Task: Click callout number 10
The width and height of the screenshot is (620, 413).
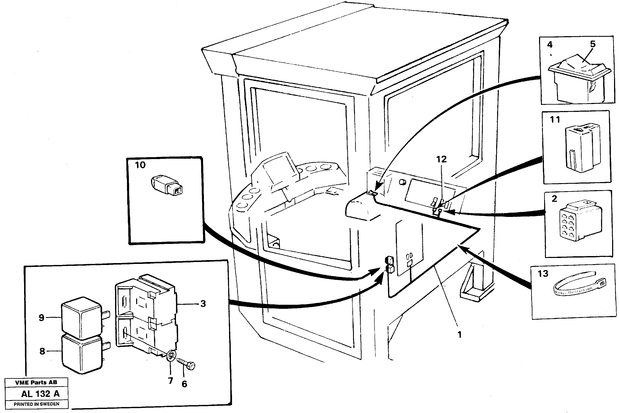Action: (140, 165)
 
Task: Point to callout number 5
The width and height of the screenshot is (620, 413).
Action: (593, 44)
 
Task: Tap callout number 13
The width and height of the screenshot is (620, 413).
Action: (543, 274)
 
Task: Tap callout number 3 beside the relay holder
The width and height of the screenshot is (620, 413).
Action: (203, 304)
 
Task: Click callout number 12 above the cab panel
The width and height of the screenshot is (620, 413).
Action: (441, 159)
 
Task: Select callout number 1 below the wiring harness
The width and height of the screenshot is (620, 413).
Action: (460, 335)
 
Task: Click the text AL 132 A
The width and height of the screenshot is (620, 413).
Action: (40, 394)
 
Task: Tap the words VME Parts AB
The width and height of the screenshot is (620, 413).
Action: (36, 382)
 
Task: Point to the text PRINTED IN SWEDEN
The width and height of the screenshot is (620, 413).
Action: (36, 404)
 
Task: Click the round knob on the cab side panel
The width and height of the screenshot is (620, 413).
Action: (402, 182)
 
